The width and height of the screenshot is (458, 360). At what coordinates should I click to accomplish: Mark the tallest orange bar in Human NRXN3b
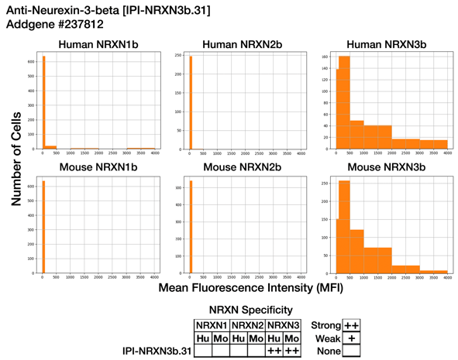pos(345,102)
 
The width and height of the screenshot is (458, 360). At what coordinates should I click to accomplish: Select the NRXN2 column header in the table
pos(248,324)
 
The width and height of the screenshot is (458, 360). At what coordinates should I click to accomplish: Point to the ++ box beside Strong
pos(350,324)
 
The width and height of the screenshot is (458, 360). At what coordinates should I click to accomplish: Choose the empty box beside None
pos(350,351)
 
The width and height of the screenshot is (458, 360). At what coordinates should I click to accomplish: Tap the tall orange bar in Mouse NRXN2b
pos(190,229)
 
